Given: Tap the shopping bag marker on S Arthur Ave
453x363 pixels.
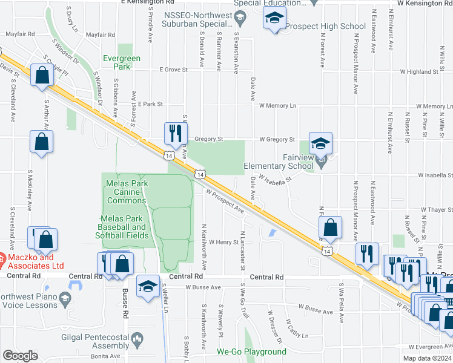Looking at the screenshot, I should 41,142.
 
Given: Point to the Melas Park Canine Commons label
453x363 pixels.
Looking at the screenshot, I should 127,192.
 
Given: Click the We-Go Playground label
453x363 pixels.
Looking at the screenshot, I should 251,352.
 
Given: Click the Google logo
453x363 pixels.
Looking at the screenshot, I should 20,356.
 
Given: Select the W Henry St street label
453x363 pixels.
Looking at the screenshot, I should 224,242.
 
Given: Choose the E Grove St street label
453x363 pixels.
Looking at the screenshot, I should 173,70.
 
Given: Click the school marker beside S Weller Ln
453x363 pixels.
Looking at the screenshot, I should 148,286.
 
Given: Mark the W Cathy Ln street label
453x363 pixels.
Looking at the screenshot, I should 298,329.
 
